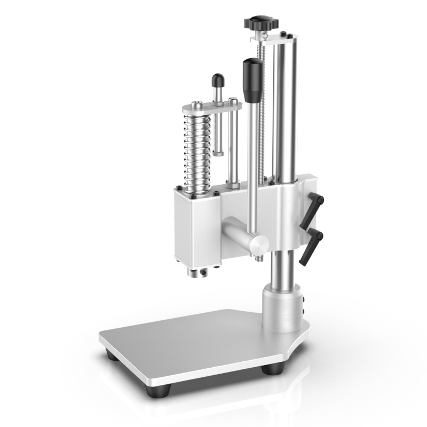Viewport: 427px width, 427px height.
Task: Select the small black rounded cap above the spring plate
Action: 218,81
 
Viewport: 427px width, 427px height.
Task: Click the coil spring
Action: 196,149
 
